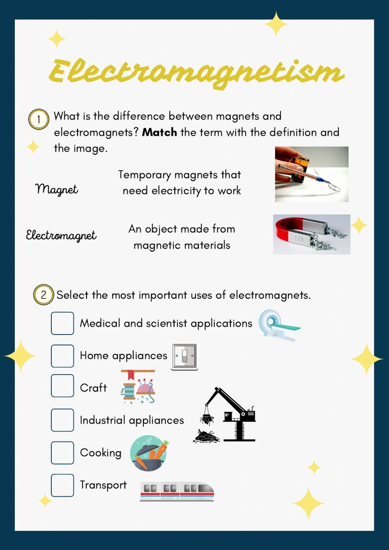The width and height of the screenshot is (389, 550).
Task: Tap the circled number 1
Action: (x=39, y=119)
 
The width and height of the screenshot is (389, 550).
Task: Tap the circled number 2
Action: (x=43, y=295)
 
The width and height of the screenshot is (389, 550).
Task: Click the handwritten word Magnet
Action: (x=57, y=189)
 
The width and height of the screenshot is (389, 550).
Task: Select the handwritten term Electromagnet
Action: (x=61, y=235)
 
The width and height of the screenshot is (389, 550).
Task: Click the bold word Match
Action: (x=159, y=132)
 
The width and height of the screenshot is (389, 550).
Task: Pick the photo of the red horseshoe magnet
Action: (x=311, y=234)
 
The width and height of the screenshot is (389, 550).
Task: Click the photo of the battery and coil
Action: (x=311, y=174)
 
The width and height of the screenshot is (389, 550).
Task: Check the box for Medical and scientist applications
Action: (x=62, y=323)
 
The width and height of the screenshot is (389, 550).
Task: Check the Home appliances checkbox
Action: (x=62, y=356)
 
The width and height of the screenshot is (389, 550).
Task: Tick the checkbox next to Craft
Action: (x=62, y=386)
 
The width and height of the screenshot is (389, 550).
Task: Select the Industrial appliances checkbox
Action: (x=62, y=420)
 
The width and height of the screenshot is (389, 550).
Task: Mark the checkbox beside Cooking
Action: (x=62, y=453)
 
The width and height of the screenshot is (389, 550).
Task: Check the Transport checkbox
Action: (x=62, y=485)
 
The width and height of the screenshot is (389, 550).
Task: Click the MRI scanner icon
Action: (x=279, y=326)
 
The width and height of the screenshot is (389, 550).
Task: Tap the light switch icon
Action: (x=184, y=356)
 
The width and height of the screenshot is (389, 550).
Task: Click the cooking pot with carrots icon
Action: (x=149, y=453)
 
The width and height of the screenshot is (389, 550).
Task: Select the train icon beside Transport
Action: (x=177, y=491)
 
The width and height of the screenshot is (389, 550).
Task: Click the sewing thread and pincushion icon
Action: (x=138, y=386)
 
